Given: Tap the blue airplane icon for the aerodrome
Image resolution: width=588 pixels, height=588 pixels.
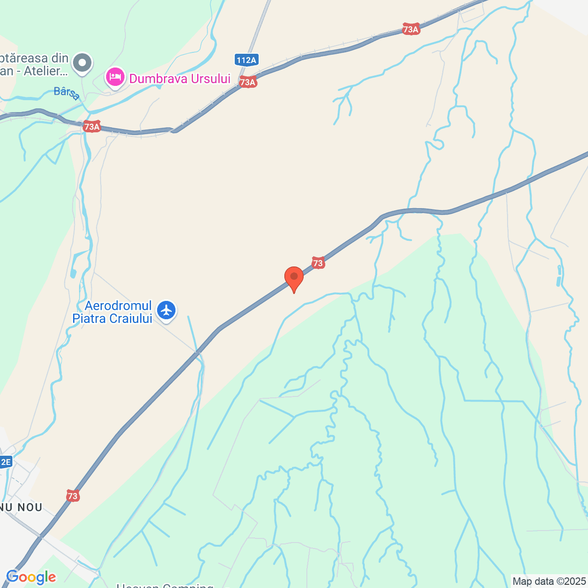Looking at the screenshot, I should coord(166,310).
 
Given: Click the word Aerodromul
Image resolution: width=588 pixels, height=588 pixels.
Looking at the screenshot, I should coord(118,306).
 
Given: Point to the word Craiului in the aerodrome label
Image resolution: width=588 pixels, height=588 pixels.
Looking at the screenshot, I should coord(130,319).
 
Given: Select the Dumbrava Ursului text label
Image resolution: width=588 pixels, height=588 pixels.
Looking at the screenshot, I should coord(180,79).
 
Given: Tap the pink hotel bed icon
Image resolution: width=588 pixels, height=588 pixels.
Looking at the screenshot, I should coord(115,77).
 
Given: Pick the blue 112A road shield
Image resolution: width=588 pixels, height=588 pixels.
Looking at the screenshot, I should coord(246,60).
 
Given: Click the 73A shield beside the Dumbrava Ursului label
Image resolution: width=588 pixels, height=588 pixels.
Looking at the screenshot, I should coord(248,82).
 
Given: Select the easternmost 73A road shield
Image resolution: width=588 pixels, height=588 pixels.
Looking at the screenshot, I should coord(411,29).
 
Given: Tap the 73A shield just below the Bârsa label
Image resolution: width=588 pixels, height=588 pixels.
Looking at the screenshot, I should coord(92,127).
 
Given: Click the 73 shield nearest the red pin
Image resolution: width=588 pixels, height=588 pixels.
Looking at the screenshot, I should coord(318,263).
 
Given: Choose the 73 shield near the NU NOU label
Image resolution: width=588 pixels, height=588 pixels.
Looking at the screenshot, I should coord(73,496).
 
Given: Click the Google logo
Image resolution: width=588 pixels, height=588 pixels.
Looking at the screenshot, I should coord(31,577).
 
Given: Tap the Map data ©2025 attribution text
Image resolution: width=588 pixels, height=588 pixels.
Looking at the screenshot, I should coord(549,582).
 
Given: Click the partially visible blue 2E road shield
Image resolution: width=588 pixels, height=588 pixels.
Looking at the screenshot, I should coord(5,462).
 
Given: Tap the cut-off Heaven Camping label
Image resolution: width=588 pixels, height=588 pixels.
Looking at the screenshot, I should coord(165,585).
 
